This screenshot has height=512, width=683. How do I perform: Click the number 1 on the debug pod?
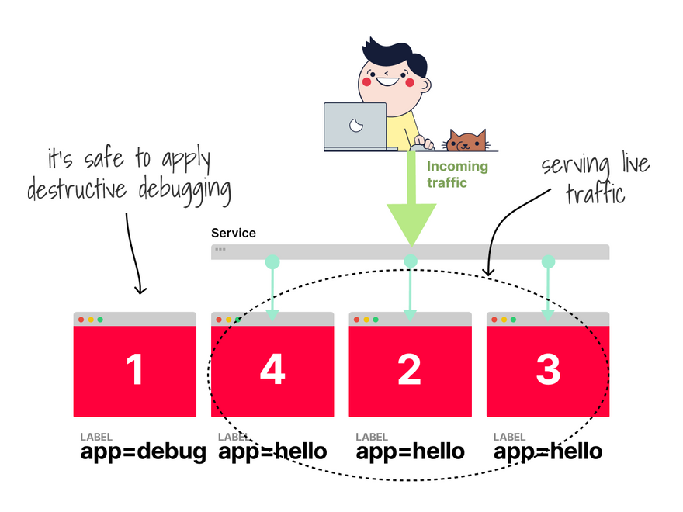[x=135, y=370]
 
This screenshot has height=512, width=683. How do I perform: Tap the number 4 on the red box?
[x=272, y=370]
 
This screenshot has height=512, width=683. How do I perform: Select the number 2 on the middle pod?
[x=410, y=370]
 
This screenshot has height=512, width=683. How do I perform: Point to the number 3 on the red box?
[x=548, y=370]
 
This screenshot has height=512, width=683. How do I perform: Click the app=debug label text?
[x=143, y=451]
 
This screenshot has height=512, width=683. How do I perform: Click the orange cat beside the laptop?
[x=466, y=141]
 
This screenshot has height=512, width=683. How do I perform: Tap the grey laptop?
[x=355, y=126]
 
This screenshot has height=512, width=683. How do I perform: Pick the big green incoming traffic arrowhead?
[x=411, y=226]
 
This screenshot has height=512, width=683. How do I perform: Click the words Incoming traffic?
[x=457, y=175]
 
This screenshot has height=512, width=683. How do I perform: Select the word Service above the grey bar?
[x=233, y=233]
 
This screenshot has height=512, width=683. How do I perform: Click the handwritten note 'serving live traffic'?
[x=595, y=178]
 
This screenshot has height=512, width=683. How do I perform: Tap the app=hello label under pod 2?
[x=410, y=451]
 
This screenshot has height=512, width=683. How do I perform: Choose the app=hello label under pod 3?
[x=548, y=451]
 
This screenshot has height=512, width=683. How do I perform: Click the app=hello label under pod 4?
[x=272, y=451]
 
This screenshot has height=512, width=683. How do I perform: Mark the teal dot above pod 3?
[x=548, y=261]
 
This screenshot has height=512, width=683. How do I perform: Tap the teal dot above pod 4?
[x=272, y=261]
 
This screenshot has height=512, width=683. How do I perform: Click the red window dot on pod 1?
[x=81, y=320]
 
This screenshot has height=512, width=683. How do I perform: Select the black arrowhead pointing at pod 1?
[x=140, y=290]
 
